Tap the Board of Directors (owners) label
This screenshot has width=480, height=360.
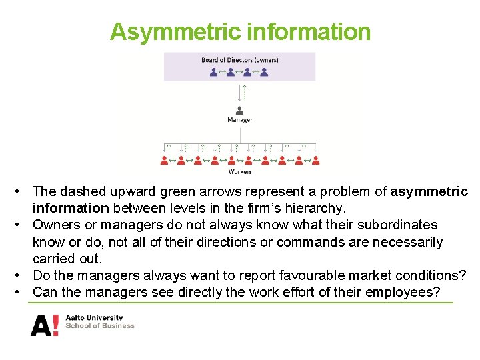pos(240,60)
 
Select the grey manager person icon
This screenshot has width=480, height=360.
pos(240,110)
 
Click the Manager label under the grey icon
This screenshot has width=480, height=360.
pos(240,120)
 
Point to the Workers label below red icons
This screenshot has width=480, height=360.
pos(240,172)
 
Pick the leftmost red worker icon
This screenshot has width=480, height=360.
pos(164,160)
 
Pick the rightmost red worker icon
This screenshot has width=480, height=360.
pos(316,160)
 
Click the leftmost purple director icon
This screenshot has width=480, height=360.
pos(213,71)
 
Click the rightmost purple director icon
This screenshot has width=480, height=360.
pos(265,71)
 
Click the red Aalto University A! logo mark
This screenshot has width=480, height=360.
pos(45,325)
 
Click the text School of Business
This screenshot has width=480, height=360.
pos(100,326)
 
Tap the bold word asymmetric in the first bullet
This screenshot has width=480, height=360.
pos(429,192)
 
